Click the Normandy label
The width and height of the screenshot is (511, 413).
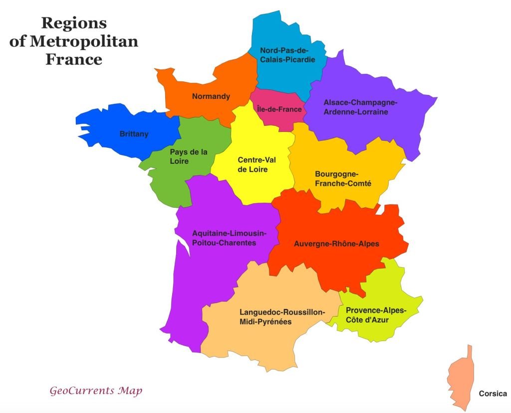(x=211, y=96)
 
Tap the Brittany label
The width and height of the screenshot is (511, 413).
(x=134, y=134)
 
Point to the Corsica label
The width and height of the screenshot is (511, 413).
(x=493, y=394)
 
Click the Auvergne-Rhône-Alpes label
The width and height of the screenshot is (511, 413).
(x=336, y=244)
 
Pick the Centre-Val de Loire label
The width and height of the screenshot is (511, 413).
(x=256, y=164)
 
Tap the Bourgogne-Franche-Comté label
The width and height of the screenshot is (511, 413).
(x=343, y=179)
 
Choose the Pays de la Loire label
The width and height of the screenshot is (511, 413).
(x=189, y=156)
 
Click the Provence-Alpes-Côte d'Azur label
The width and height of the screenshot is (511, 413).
(x=376, y=315)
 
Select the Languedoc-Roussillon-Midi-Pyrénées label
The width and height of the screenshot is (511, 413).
(x=282, y=317)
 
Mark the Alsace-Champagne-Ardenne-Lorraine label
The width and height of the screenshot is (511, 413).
(x=360, y=107)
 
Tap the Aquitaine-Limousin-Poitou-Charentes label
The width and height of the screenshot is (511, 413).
(x=230, y=238)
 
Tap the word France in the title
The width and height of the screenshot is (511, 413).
(x=74, y=59)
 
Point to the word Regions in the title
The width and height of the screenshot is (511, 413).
(x=74, y=23)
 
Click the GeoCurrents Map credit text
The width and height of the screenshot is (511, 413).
(x=95, y=390)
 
